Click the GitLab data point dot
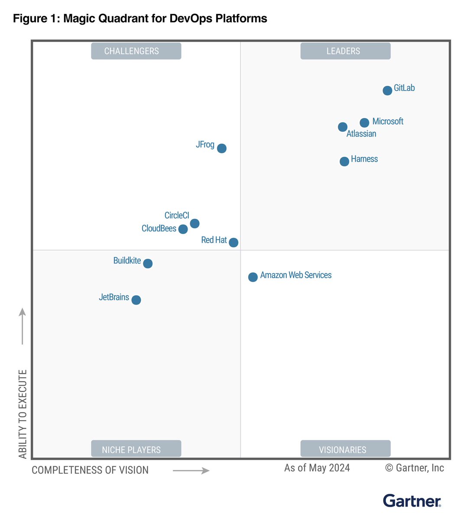(387, 90)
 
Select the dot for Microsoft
(364, 123)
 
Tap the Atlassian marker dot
(342, 127)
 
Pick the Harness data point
(344, 162)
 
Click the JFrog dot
(221, 148)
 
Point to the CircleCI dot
(194, 224)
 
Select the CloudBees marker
(183, 229)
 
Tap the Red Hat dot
(233, 242)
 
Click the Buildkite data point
(148, 263)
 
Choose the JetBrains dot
(136, 300)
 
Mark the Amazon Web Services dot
(253, 277)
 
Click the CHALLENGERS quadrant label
(136, 51)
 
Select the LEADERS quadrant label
(345, 51)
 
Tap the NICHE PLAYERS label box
(136, 449)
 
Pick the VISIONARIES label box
(345, 449)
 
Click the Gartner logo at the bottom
(412, 501)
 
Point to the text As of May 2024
(317, 468)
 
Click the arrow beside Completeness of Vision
(191, 471)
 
